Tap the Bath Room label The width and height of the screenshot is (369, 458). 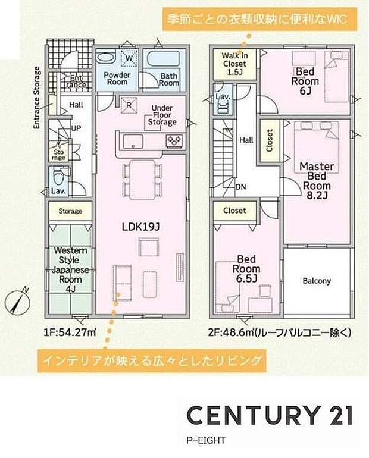(168, 80)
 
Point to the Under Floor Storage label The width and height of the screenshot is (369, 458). (161, 114)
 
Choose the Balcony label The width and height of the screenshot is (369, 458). (316, 281)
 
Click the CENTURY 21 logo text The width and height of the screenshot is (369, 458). (270, 415)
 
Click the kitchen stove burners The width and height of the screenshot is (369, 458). (174, 140)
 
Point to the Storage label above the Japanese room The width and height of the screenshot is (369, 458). (70, 211)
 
